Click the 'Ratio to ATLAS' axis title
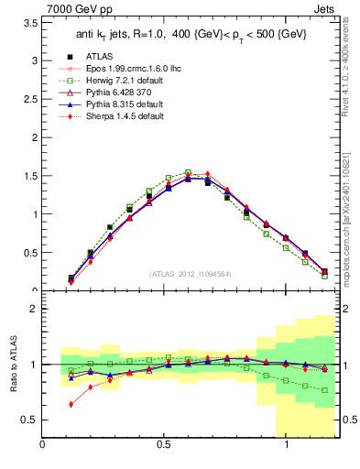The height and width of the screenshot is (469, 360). pos(12,365)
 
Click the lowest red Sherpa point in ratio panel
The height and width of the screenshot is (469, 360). pos(71,404)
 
